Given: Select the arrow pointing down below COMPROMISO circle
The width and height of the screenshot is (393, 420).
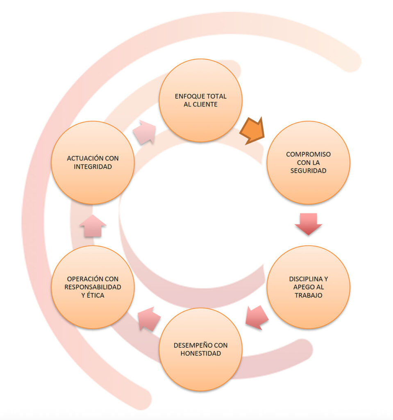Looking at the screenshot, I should click(x=308, y=223).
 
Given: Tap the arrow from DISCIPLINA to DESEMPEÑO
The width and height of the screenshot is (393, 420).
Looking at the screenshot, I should click(x=257, y=317).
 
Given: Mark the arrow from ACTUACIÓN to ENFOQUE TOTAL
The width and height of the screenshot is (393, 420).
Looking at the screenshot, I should click(x=144, y=132).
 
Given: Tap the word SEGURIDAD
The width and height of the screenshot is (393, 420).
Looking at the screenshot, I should click(x=309, y=171).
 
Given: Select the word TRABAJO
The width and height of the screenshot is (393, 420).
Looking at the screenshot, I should click(x=309, y=295).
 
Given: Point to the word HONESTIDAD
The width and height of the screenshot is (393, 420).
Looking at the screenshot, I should click(x=200, y=353).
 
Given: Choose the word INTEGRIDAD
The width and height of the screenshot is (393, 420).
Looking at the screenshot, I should click(x=93, y=167).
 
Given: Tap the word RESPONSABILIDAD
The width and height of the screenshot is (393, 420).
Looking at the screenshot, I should click(x=93, y=287).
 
